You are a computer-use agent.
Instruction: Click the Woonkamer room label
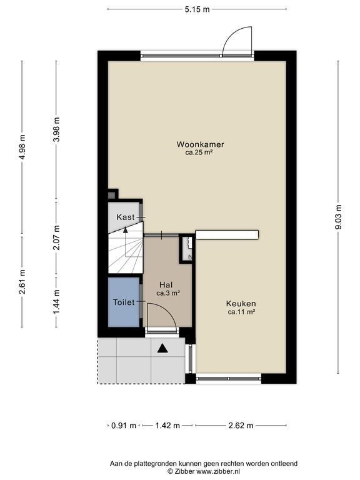click(200, 144)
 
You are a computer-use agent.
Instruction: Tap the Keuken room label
click(241, 304)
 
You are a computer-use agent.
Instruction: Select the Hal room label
click(166, 285)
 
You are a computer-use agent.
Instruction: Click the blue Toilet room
click(124, 302)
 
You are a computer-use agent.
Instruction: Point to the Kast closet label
click(126, 217)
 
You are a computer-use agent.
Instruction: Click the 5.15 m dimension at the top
click(197, 9)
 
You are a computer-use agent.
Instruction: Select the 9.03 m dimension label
click(338, 217)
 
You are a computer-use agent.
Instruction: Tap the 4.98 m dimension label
click(22, 147)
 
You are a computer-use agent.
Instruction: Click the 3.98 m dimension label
click(56, 129)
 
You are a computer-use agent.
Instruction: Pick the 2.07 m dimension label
click(56, 237)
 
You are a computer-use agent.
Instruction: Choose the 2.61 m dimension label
click(22, 282)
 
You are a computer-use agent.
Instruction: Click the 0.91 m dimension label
click(124, 425)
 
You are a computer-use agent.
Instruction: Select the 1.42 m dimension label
click(167, 425)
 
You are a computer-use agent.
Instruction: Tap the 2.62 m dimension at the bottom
click(241, 425)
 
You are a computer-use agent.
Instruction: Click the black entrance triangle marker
click(163, 348)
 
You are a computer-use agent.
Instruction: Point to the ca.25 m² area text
click(199, 152)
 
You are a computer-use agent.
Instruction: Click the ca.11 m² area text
click(242, 312)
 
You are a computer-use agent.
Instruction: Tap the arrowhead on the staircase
click(125, 230)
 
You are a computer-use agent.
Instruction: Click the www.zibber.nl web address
click(217, 471)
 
